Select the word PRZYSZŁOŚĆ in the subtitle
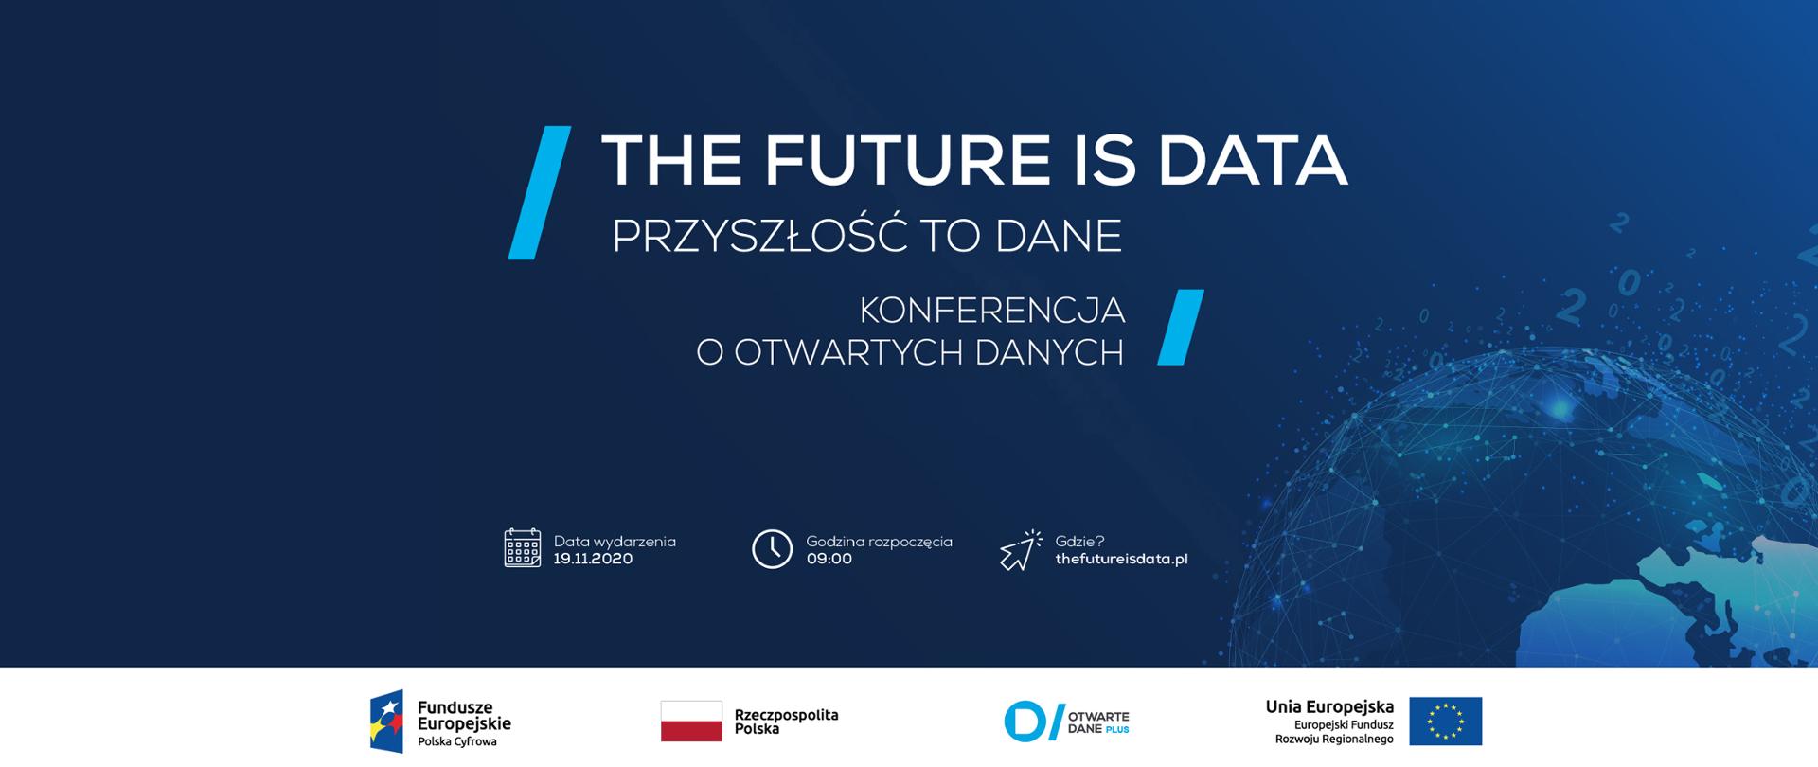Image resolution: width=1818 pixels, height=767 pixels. tap(760, 236)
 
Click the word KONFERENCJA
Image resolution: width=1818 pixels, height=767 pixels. tap(991, 310)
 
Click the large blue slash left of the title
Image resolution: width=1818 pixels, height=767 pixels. tap(540, 192)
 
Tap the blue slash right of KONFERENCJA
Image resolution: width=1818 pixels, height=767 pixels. tap(1181, 327)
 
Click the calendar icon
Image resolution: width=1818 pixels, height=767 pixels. tap(523, 548)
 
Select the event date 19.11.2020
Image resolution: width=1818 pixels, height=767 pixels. tap(593, 559)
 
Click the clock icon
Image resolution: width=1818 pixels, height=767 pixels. tap(772, 549)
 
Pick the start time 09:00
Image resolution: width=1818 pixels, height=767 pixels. tap(829, 559)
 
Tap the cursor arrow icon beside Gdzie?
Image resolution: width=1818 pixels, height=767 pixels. tap(1020, 550)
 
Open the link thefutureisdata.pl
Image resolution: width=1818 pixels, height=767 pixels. tap(1121, 559)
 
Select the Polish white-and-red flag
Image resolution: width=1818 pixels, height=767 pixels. tap(691, 721)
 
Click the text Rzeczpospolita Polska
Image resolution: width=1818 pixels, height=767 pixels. tap(786, 722)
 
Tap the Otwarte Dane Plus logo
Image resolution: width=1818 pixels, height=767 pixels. tap(1066, 722)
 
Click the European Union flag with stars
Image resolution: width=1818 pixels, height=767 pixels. tap(1445, 722)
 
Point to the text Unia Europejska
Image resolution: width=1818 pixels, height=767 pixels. tap(1329, 707)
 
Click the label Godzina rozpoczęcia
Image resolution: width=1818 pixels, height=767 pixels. tap(879, 542)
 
